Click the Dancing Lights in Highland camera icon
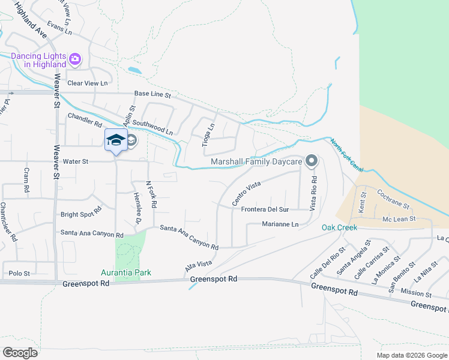[75, 59]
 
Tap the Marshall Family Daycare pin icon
[311, 161]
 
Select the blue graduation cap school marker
[116, 140]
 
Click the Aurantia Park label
[125, 272]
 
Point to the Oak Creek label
[339, 227]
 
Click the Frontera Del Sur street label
[265, 209]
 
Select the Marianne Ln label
[280, 224]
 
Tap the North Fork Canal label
[346, 154]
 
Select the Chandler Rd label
[85, 120]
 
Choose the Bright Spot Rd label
[81, 214]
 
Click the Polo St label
[19, 274]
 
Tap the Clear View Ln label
[88, 83]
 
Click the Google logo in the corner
[20, 352]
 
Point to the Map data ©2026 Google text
[411, 355]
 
